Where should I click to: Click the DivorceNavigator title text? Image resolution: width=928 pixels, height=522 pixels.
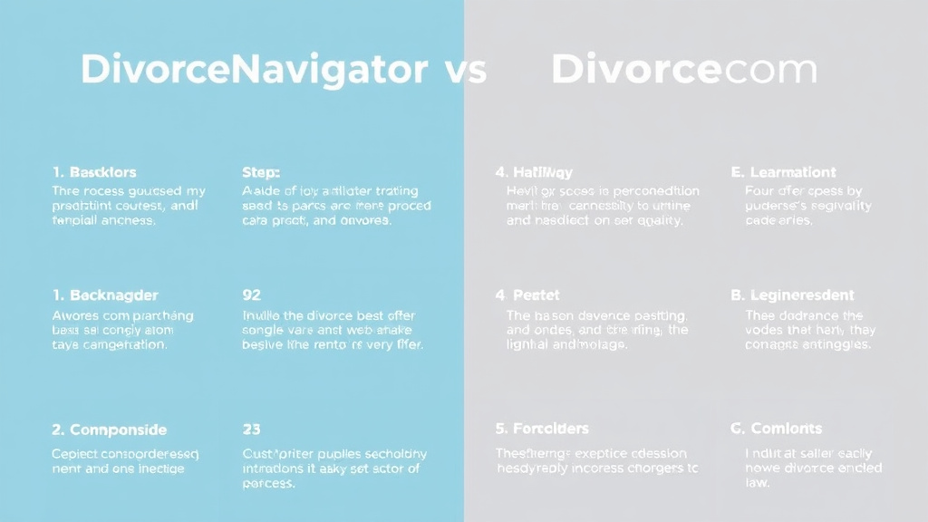(x=255, y=70)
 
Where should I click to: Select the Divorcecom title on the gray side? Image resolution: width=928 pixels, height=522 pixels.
(x=684, y=70)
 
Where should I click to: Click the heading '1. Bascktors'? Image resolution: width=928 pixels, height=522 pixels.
(x=94, y=172)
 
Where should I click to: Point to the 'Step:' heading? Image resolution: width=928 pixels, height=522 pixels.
(x=261, y=172)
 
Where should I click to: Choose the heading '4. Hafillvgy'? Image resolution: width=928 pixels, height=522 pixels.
(x=534, y=172)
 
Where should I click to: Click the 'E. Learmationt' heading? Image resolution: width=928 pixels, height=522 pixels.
(x=783, y=172)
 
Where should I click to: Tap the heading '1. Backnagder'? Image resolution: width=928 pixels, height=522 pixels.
(x=105, y=295)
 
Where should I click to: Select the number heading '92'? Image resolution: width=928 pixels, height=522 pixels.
(x=252, y=295)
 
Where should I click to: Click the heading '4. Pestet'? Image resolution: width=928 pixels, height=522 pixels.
(x=527, y=295)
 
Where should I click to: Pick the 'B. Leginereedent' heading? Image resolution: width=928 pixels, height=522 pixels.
(x=792, y=295)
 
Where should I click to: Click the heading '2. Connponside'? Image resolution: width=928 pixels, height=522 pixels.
(x=109, y=430)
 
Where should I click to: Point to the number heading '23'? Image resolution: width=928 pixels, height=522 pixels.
(x=252, y=430)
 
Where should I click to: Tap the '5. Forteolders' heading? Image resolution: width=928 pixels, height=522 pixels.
(x=542, y=429)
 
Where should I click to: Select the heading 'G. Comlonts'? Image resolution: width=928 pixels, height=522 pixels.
(x=776, y=429)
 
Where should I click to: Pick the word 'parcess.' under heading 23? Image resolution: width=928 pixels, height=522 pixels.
(x=268, y=483)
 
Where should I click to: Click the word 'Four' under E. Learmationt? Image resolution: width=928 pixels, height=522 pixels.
(x=759, y=191)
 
